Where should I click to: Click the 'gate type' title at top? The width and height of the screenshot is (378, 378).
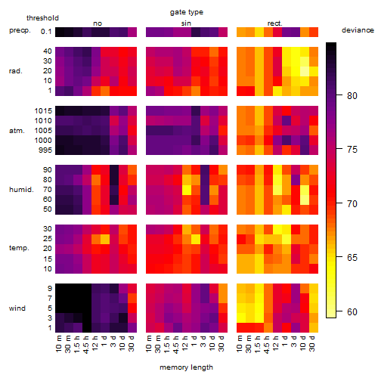187,12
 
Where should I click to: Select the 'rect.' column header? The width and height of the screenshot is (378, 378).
275,23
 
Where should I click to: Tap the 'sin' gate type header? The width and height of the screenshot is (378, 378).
186,23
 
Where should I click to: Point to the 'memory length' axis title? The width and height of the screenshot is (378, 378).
186,367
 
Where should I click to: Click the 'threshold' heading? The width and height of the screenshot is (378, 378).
42,18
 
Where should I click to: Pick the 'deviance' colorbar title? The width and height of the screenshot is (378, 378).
358,30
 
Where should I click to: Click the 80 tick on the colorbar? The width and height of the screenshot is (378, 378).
352,95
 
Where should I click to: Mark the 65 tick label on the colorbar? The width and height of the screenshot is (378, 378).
352,258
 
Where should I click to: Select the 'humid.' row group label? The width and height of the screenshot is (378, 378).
21,190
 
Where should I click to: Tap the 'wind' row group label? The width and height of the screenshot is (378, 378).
17,308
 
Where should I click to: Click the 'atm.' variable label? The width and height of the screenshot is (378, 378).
17,131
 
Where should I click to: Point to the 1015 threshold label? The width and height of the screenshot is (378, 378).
43,111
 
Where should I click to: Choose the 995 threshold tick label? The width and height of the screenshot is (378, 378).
45,150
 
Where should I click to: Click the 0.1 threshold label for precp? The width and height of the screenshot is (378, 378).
46,32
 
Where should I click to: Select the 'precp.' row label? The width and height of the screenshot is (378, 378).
20,30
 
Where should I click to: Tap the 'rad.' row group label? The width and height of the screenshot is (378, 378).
16,71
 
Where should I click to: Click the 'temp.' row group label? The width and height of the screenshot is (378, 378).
19,248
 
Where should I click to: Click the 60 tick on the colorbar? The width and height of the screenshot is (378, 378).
352,312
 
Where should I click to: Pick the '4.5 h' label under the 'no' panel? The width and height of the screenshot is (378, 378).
85,345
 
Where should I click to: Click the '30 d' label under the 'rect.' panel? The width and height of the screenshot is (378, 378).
312,343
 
